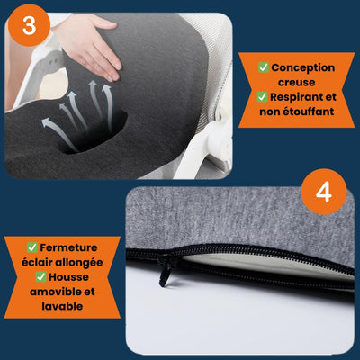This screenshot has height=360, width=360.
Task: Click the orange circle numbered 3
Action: pos(29,25)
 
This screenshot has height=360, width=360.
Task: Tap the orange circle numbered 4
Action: pos(324,192)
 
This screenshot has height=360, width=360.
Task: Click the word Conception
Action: pos(303,68)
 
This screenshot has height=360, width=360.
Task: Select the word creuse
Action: pos(296,82)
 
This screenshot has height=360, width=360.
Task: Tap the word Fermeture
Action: pos(68,247)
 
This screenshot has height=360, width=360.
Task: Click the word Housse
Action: pos(68,277)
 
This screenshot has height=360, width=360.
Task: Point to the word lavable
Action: pos(62,306)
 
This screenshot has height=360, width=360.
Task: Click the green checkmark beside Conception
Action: pos(264,67)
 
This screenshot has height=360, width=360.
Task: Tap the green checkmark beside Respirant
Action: pos(262,96)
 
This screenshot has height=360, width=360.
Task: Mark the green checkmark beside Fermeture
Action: pos(32,247)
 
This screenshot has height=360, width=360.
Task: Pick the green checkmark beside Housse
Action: pos(40,276)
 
